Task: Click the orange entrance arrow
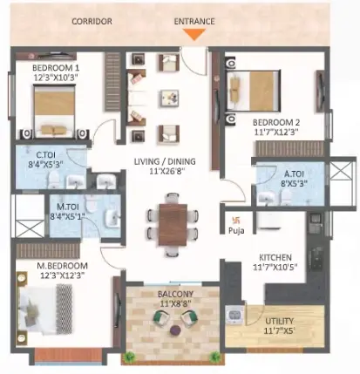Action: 194,35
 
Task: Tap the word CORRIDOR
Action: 92,22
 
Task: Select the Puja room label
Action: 236,231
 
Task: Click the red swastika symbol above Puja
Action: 235,221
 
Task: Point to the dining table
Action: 173,225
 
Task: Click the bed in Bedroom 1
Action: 55,111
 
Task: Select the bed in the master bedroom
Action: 45,309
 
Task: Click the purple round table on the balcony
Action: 175,330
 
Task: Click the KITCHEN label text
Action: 275,257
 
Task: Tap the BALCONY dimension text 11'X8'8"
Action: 175,303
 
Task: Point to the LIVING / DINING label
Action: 165,161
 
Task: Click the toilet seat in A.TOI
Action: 287,197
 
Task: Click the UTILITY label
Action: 280,321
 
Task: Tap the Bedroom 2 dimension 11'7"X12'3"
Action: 276,132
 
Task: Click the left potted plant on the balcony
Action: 129,357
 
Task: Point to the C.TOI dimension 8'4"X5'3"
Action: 45,165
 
